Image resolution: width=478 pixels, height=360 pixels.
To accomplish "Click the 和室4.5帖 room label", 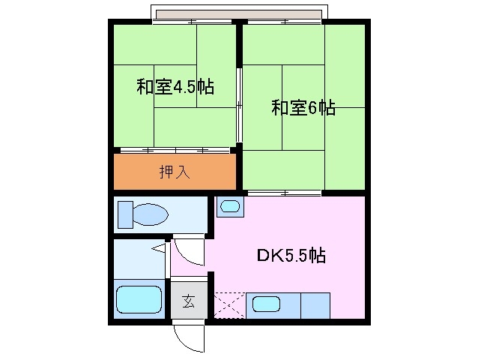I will click(x=175, y=87).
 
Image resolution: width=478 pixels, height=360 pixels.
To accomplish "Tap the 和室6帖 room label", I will click(x=303, y=109).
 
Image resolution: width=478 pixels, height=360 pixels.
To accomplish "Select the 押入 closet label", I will click(x=175, y=172).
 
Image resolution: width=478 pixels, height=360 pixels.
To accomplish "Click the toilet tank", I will click(x=124, y=214).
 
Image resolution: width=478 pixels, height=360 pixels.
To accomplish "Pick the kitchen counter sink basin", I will click(x=266, y=304).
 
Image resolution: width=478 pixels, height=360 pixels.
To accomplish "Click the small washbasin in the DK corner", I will click(x=229, y=206).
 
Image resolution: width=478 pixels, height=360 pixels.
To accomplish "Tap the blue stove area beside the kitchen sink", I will click(x=315, y=304).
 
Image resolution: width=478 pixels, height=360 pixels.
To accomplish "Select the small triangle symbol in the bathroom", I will click(x=158, y=247).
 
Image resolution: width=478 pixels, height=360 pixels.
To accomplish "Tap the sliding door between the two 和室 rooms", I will click(x=240, y=105).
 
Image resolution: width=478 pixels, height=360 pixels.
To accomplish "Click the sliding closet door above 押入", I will click(x=175, y=150).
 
